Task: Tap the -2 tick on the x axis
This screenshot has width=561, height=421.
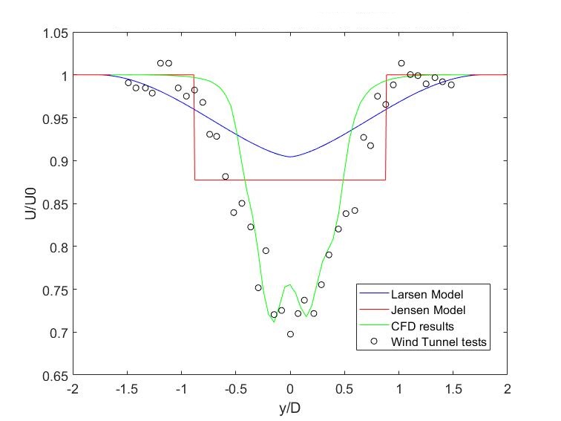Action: pyautogui.click(x=73, y=388)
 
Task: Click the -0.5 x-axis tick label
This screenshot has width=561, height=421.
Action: pyautogui.click(x=235, y=388)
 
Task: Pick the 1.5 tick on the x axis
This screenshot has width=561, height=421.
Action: pyautogui.click(x=453, y=388)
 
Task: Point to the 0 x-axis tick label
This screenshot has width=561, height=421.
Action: pyautogui.click(x=290, y=388)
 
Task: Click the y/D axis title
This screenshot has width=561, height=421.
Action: pyautogui.click(x=290, y=407)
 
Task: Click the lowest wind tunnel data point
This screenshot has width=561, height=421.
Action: pyautogui.click(x=290, y=334)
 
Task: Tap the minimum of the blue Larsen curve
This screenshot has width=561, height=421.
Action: pyautogui.click(x=290, y=157)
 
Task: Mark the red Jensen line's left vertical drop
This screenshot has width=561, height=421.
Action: pyautogui.click(x=194, y=126)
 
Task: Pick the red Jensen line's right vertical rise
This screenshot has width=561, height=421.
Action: pyautogui.click(x=386, y=126)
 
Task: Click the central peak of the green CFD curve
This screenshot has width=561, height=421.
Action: pyautogui.click(x=290, y=284)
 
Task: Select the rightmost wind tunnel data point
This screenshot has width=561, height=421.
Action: pyautogui.click(x=450, y=85)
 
